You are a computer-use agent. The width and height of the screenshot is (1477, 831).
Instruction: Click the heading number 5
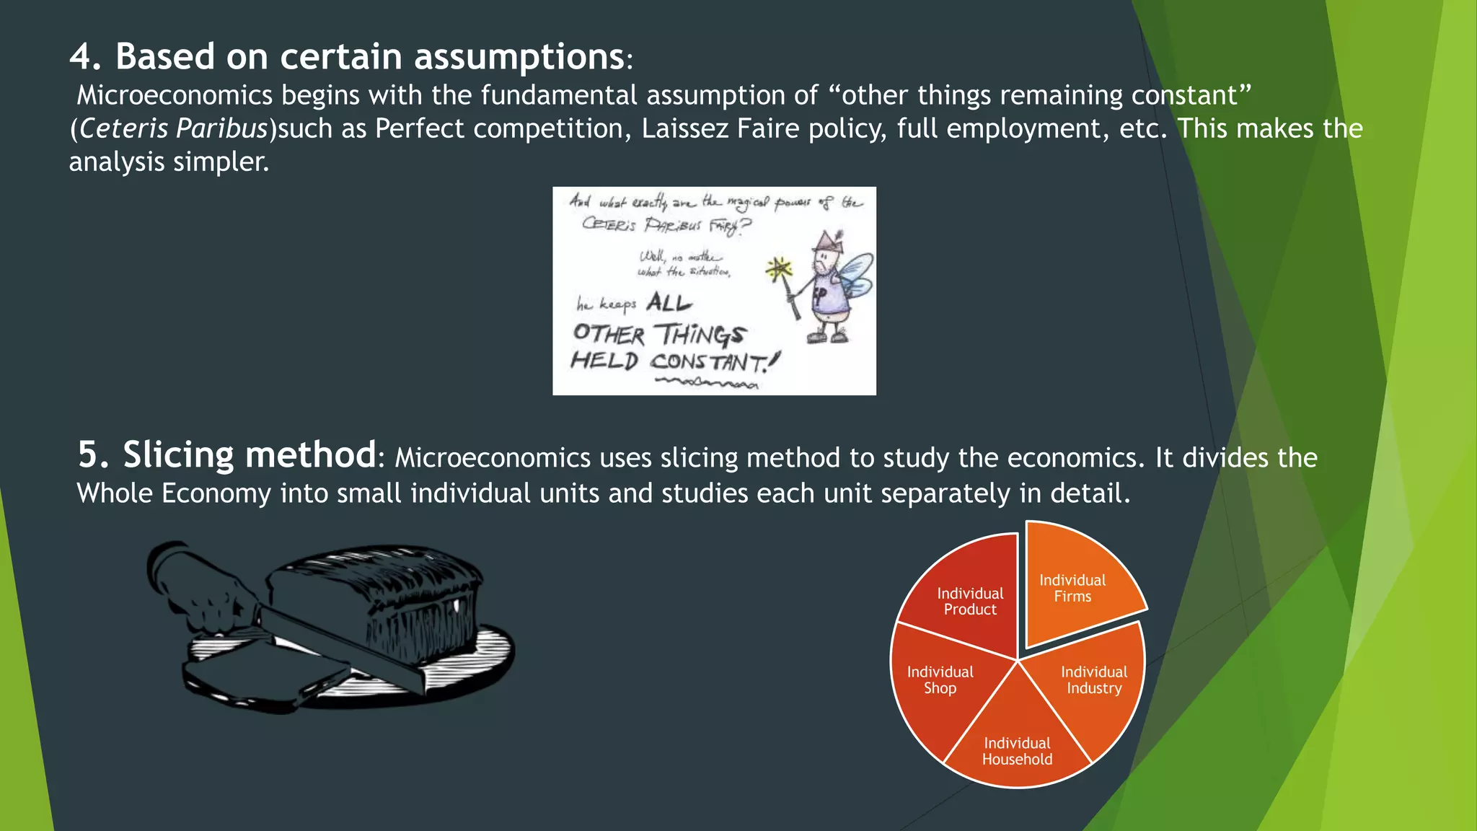[x=92, y=455]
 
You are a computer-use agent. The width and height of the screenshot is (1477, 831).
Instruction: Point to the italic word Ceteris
[x=123, y=128]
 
